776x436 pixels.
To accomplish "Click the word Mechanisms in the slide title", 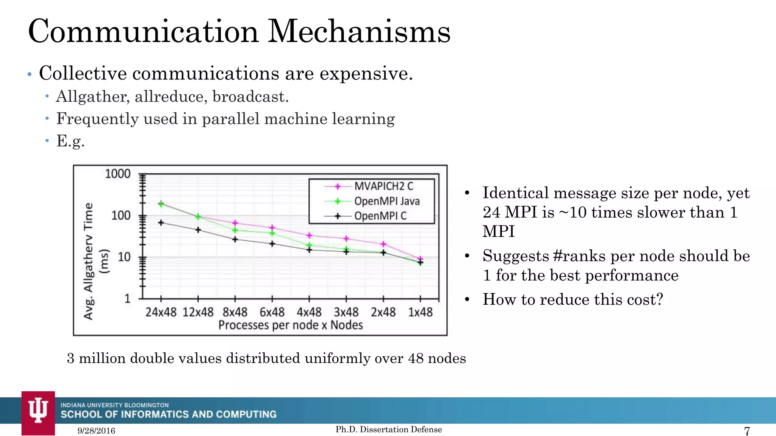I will [x=359, y=31].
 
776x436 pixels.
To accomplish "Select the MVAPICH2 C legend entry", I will [x=383, y=186].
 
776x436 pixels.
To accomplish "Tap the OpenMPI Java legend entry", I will [x=386, y=201].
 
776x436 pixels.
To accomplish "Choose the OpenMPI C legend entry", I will [x=380, y=216].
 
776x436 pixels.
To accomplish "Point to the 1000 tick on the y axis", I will [x=117, y=174].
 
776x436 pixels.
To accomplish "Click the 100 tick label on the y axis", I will [x=120, y=216].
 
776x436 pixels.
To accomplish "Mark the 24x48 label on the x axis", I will [x=161, y=312].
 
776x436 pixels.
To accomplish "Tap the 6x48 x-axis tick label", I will [x=272, y=312].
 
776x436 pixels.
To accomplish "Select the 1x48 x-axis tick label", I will [x=420, y=312].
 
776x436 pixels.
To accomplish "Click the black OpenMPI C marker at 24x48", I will [x=161, y=223].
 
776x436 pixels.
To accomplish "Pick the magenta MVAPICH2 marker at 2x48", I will [x=383, y=244].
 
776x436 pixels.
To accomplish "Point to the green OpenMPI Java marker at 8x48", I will [x=235, y=230].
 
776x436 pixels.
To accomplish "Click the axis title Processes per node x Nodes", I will [x=291, y=325].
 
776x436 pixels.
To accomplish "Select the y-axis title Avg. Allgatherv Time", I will [x=89, y=261].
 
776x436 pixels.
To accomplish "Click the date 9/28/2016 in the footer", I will [x=96, y=431].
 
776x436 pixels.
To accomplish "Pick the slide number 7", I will [x=747, y=431].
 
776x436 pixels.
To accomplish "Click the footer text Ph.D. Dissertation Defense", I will [x=389, y=429].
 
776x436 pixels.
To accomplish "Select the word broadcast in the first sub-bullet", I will [x=250, y=97].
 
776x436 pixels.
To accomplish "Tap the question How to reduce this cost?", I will [x=573, y=299].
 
